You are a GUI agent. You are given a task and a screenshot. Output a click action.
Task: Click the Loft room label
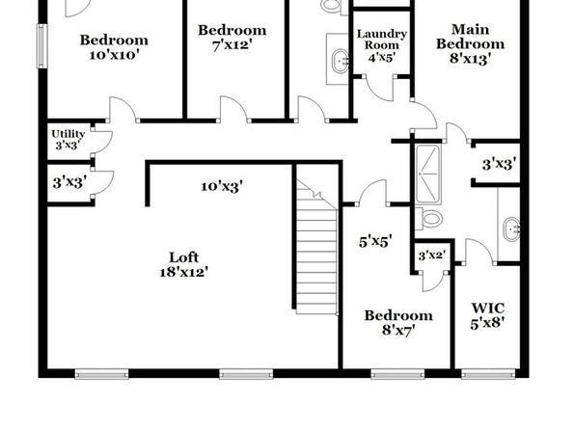(184, 257)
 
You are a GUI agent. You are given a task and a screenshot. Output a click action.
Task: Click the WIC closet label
(487, 309)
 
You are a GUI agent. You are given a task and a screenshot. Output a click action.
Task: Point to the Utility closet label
(68, 134)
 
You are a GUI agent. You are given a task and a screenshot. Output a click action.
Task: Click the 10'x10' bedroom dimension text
(114, 55)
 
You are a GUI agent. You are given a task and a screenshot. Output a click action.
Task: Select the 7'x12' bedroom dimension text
(233, 45)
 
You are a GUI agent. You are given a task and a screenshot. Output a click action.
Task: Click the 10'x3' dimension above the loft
(222, 187)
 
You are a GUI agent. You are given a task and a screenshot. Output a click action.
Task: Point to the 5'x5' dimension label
(375, 242)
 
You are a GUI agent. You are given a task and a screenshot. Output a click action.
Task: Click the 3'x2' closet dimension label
(432, 255)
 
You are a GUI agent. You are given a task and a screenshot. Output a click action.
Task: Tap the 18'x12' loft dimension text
(184, 272)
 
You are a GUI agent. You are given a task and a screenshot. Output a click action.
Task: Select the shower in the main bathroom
(427, 175)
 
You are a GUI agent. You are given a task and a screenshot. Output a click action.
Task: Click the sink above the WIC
(510, 229)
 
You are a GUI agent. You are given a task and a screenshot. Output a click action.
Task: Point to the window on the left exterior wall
(42, 46)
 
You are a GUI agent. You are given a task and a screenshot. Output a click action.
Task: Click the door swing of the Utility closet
(102, 141)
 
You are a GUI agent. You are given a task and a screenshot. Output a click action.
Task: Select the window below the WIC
(488, 374)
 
